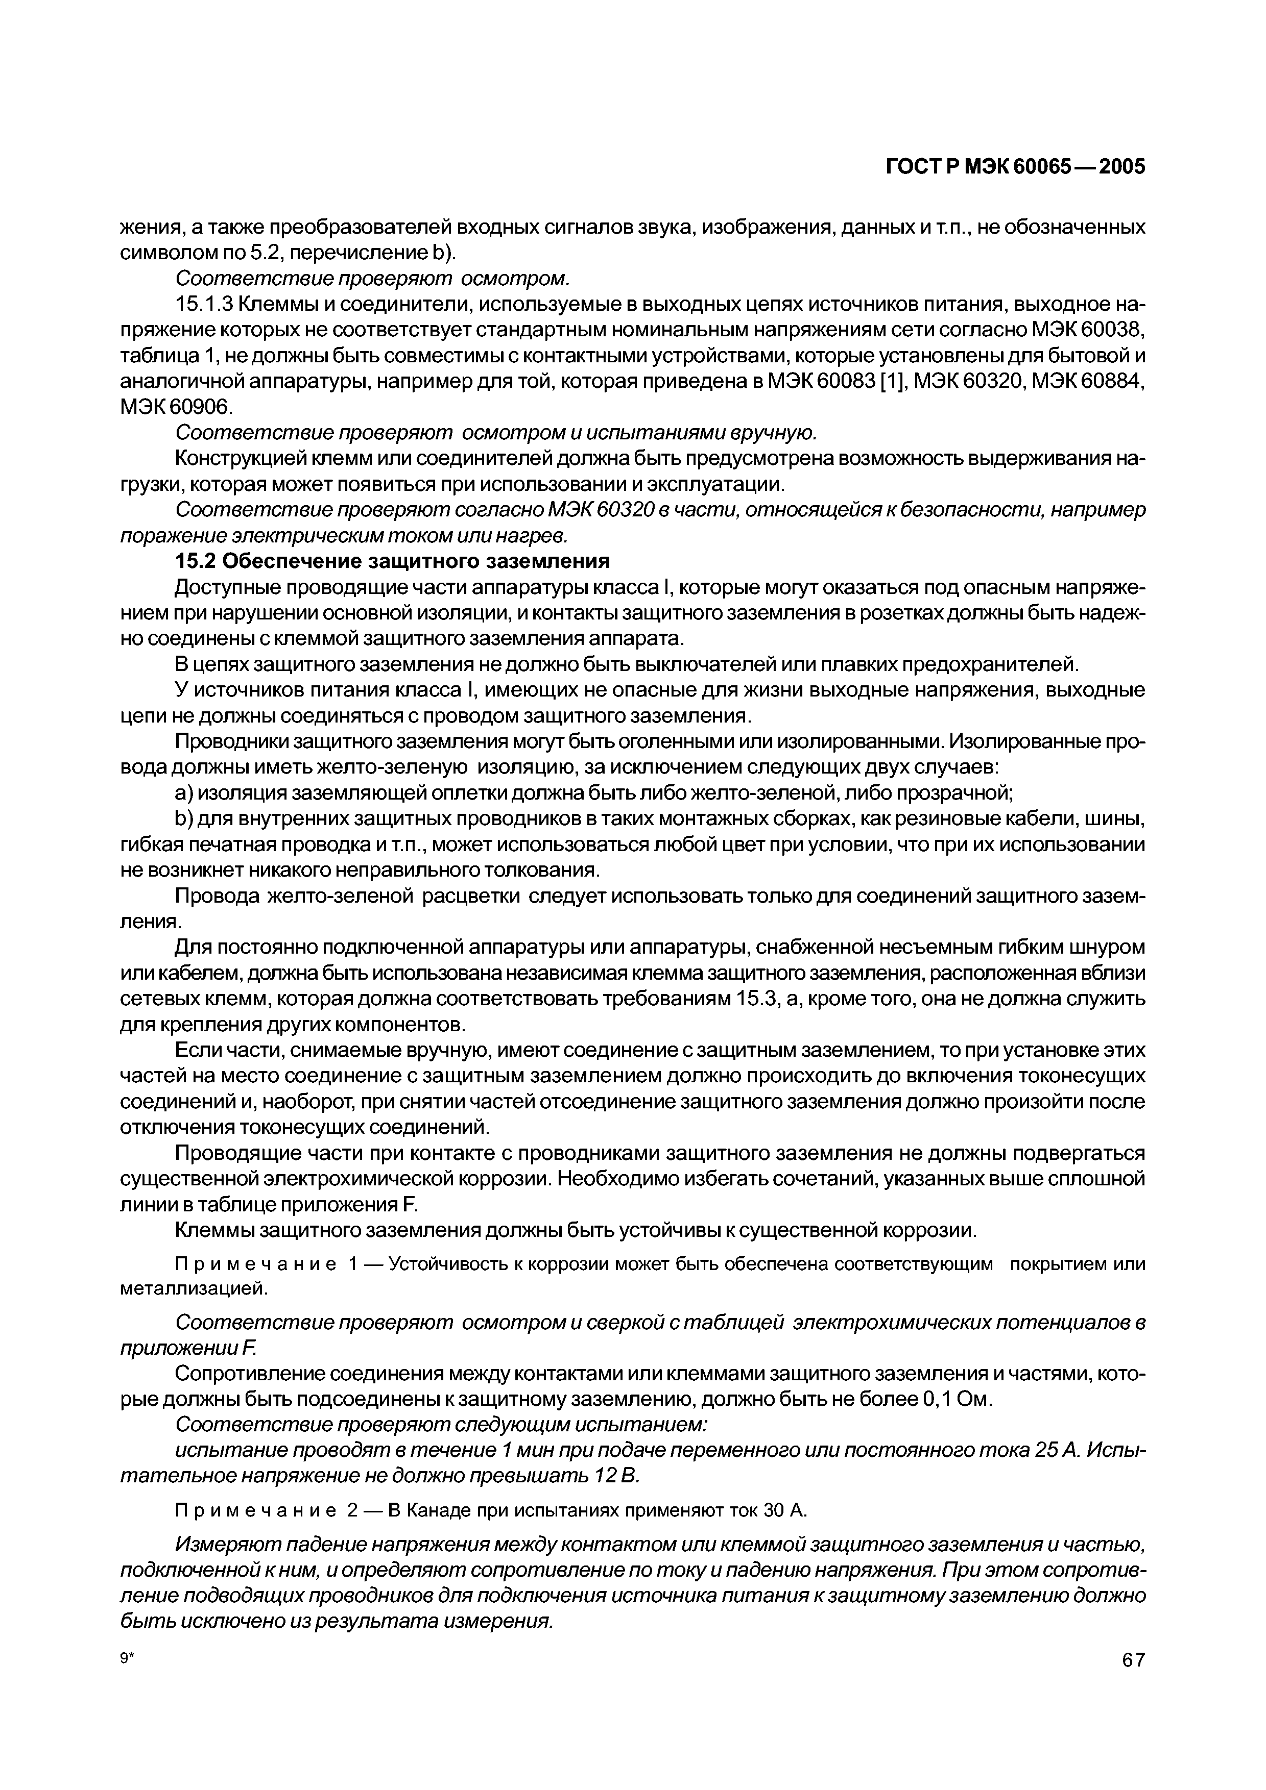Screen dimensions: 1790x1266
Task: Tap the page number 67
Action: pyautogui.click(x=1133, y=1682)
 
